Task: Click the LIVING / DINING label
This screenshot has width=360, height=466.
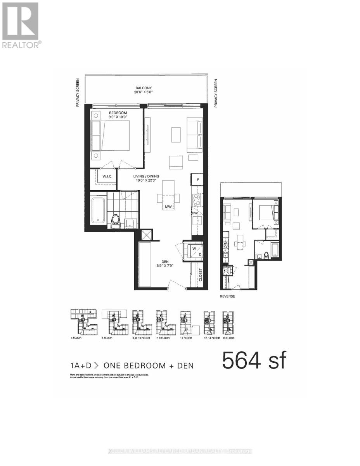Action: pyautogui.click(x=147, y=176)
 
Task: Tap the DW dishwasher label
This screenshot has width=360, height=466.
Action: pyautogui.click(x=195, y=213)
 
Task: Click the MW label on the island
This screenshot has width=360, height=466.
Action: pyautogui.click(x=168, y=207)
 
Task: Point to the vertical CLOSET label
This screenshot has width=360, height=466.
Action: pyautogui.click(x=201, y=275)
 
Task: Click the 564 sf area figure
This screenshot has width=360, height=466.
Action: pyautogui.click(x=254, y=360)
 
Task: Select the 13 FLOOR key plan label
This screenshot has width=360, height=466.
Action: pyautogui.click(x=228, y=338)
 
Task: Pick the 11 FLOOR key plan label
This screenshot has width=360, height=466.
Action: pyautogui.click(x=186, y=338)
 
